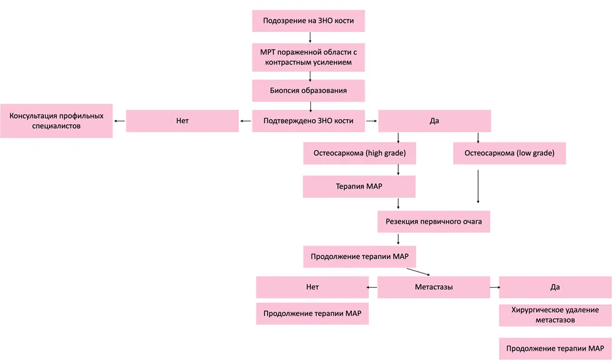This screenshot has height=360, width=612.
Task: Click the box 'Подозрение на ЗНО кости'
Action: pos(309,21)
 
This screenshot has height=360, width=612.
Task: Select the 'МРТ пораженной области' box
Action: pos(309,57)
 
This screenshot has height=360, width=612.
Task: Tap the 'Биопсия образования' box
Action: pos(309,90)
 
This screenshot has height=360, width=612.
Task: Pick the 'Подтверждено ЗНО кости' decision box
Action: pos(309,121)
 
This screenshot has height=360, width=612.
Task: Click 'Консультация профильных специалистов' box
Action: pos(57,121)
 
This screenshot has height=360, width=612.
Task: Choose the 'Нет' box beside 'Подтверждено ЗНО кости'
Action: pos(182,121)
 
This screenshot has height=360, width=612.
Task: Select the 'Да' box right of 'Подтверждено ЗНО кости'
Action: pos(434,121)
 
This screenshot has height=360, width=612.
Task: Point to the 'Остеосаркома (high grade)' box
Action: pos(359,153)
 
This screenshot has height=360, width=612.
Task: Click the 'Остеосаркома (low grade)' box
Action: pos(510,153)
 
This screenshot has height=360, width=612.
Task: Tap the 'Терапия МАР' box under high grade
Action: pos(359,186)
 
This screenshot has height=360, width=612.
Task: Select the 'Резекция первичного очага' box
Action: pos(434,221)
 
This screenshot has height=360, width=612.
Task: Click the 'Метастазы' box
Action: pos(434,287)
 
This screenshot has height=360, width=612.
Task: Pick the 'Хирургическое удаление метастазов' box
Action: pos(555,315)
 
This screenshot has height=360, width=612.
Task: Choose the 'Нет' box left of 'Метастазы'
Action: pos(312,287)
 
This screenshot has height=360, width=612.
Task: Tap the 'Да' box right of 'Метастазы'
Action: pos(555,287)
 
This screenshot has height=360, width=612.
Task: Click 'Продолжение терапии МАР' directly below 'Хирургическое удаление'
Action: pos(555,349)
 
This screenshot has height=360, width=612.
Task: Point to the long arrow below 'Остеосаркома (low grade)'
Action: pos(478,186)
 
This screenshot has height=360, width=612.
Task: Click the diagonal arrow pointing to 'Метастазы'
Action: pos(418,272)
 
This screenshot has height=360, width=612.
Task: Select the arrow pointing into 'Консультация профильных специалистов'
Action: pos(119,121)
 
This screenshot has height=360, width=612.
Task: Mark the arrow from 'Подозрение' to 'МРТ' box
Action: pos(310,38)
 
